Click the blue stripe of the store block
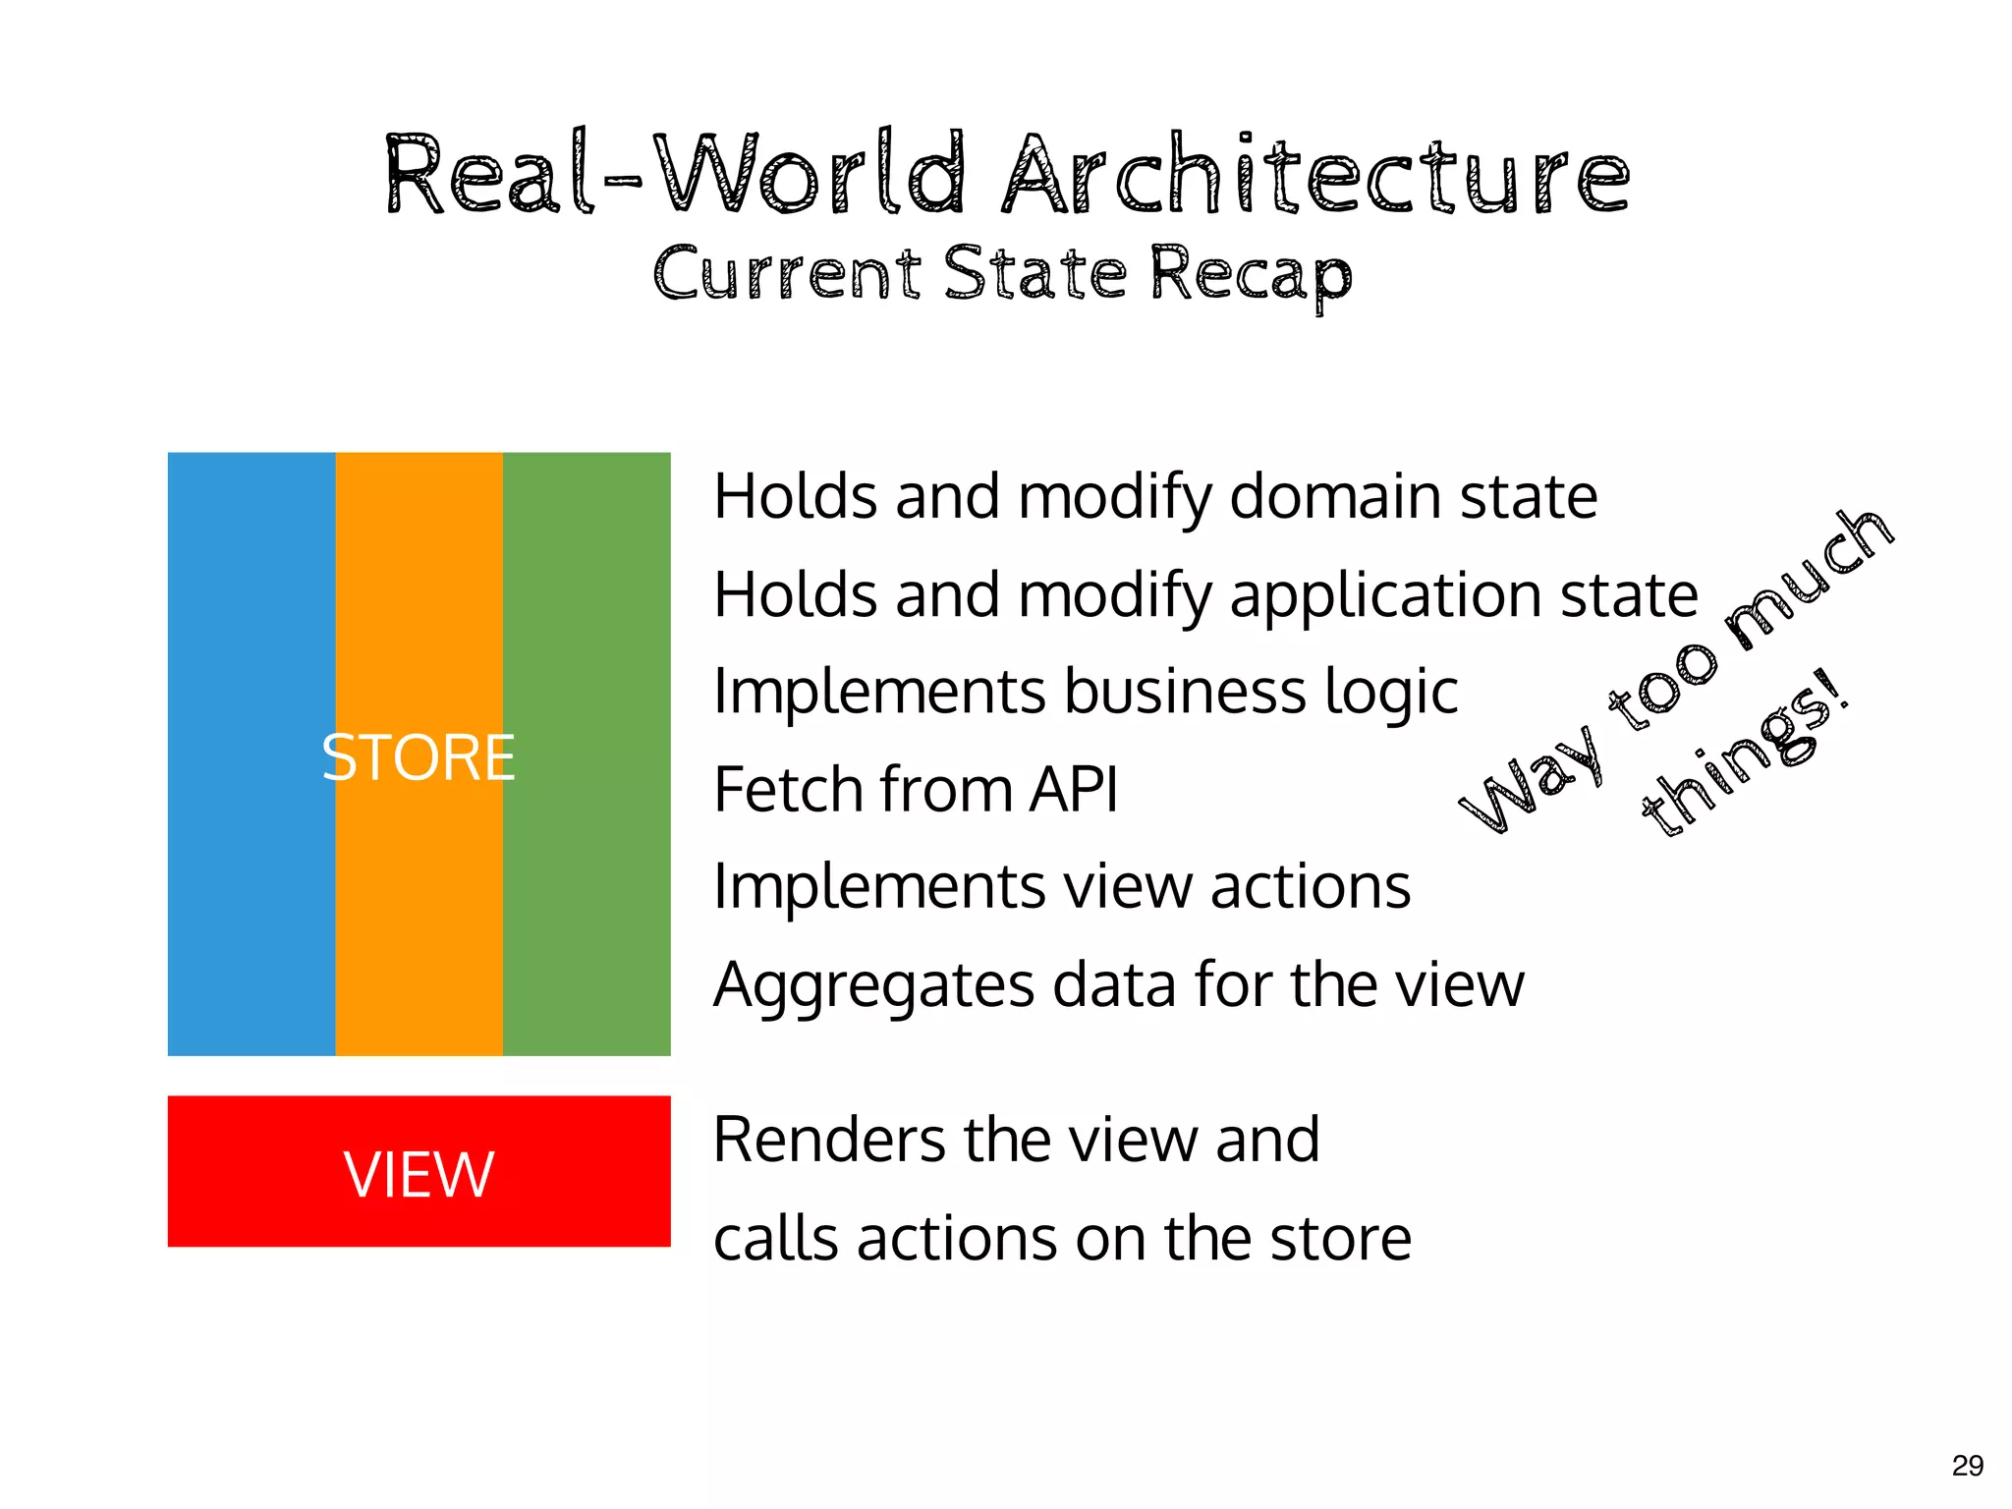tap(251, 754)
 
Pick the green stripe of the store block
tap(587, 754)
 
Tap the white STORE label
tap(419, 757)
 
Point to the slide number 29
tap(1967, 1466)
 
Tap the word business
tap(1186, 691)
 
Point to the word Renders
tap(830, 1140)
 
